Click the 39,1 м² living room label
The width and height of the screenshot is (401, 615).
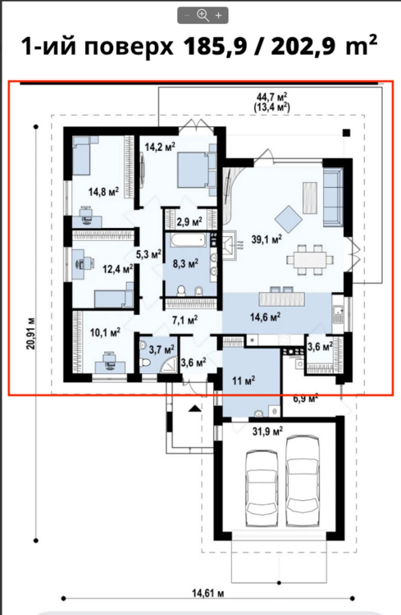[267, 239]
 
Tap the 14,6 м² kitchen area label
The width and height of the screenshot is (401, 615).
[265, 317]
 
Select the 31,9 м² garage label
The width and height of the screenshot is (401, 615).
[268, 431]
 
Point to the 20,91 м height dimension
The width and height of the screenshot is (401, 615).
[31, 333]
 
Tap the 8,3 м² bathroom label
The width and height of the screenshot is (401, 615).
[185, 263]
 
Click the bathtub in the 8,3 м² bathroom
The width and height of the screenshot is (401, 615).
[189, 240]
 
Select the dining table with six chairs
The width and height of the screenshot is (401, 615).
[310, 260]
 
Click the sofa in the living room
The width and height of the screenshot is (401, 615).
[333, 198]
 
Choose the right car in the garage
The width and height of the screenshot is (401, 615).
[302, 481]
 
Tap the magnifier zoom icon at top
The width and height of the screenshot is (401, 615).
[203, 16]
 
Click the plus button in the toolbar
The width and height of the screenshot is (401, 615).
[219, 16]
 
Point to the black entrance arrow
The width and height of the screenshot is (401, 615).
[194, 408]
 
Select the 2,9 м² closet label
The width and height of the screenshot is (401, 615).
[189, 221]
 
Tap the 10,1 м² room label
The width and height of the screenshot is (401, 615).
[105, 333]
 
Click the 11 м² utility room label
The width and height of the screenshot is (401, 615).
[244, 380]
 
